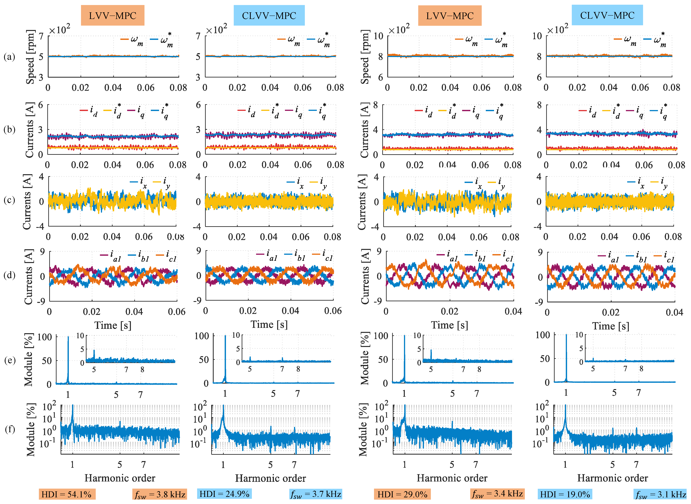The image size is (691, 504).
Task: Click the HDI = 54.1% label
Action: (67, 494)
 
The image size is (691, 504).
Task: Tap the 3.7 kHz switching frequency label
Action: (316, 494)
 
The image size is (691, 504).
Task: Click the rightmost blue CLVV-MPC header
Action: (607, 15)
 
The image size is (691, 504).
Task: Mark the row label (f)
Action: (10, 429)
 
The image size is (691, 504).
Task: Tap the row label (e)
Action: (10, 360)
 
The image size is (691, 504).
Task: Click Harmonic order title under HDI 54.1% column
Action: (120, 478)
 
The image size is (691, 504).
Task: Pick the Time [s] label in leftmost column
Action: (113, 325)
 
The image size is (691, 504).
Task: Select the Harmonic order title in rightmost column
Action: (613, 478)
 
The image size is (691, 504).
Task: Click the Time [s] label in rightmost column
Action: (611, 326)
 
